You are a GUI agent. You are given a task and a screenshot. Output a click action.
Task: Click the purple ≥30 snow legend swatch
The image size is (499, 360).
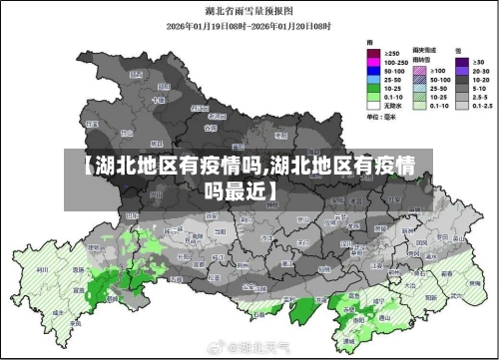tap(462, 61)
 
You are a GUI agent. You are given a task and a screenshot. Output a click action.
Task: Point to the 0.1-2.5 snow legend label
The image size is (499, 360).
tap(481, 105)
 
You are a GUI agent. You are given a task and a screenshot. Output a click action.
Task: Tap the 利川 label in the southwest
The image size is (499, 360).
tap(43, 269)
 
